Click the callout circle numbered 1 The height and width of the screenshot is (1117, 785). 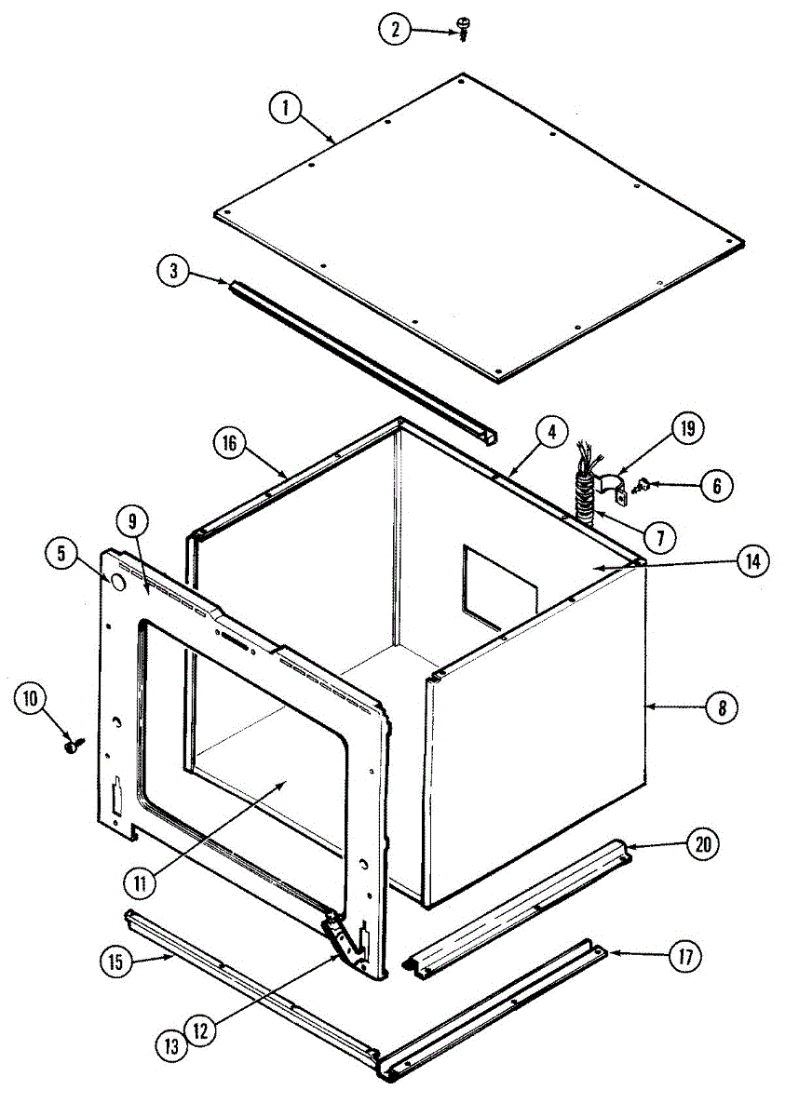pyautogui.click(x=285, y=108)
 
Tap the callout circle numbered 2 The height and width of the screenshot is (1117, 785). pyautogui.click(x=394, y=30)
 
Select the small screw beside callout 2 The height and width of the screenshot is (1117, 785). pyautogui.click(x=463, y=32)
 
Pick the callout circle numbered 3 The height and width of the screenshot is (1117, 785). pyautogui.click(x=173, y=272)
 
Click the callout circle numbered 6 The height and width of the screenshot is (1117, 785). pyautogui.click(x=717, y=485)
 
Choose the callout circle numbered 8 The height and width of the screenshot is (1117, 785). pyautogui.click(x=721, y=707)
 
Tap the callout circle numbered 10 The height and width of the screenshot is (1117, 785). pyautogui.click(x=30, y=698)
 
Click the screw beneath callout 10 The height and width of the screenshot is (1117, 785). pyautogui.click(x=71, y=745)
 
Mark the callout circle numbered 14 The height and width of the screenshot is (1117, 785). pyautogui.click(x=751, y=561)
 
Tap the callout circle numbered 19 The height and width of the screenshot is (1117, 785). pyautogui.click(x=687, y=430)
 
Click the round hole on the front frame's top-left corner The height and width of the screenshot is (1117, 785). pyautogui.click(x=118, y=584)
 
